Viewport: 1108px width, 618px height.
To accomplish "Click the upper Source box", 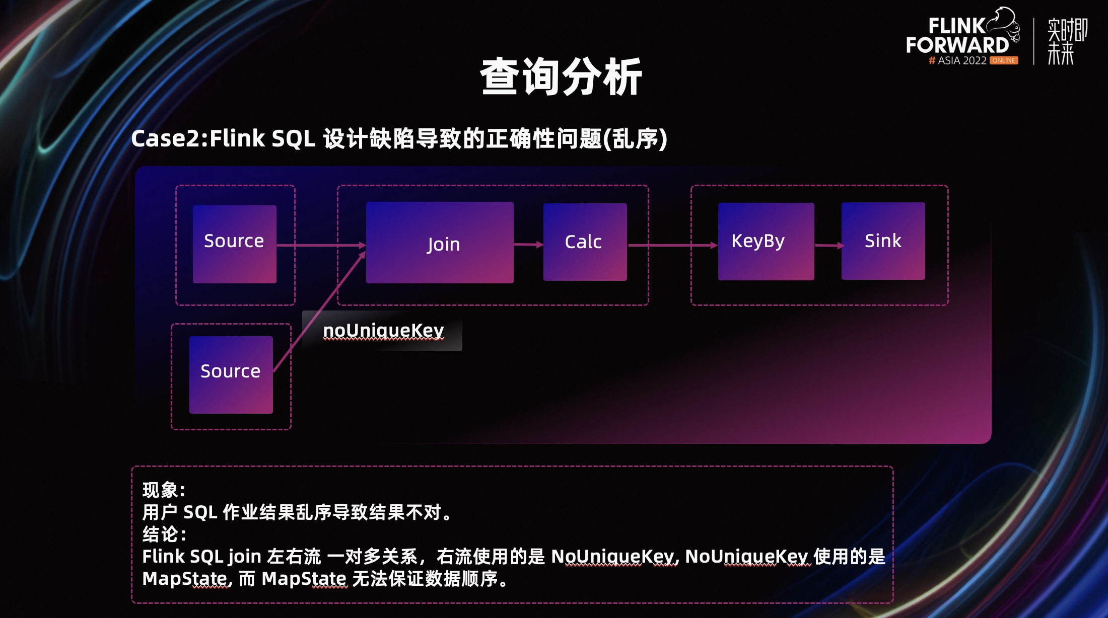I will click(x=234, y=244).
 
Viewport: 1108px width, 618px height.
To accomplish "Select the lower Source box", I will click(x=231, y=374).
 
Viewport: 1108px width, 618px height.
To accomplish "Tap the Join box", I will click(x=440, y=243).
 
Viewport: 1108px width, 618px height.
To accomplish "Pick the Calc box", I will click(x=585, y=242).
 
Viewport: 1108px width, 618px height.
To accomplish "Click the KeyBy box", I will click(x=766, y=242).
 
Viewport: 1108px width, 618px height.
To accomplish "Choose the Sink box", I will click(x=883, y=241).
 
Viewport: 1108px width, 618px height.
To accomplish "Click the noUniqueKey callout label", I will click(x=383, y=331).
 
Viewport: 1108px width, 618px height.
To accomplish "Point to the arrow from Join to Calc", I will click(x=528, y=245).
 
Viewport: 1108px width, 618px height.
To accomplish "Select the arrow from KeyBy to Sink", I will click(x=828, y=246).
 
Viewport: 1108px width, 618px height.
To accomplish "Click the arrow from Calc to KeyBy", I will click(x=672, y=246).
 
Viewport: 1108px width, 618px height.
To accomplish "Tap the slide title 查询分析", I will click(x=561, y=76).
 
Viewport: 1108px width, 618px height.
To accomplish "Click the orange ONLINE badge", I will click(x=1004, y=60).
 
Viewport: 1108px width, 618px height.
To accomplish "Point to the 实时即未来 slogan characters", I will click(x=1066, y=41).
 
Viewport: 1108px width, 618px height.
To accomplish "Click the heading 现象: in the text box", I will click(x=164, y=490).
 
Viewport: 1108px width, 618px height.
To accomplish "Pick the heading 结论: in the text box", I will click(x=164, y=534).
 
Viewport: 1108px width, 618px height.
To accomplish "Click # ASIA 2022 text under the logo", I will click(x=957, y=60).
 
